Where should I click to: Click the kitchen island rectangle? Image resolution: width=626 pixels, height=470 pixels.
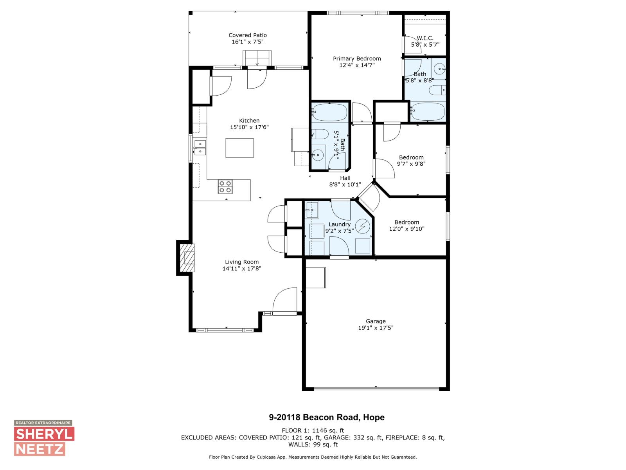pyautogui.click(x=239, y=148)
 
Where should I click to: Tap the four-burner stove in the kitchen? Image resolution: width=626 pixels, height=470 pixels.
pyautogui.click(x=225, y=187)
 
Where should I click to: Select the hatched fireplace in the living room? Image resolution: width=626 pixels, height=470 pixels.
pyautogui.click(x=189, y=257)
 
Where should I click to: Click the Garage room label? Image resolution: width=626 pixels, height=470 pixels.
pyautogui.click(x=376, y=321)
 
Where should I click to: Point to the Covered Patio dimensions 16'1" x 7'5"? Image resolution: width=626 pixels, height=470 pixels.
pyautogui.click(x=247, y=42)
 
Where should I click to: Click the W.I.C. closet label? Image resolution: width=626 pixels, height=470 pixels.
pyautogui.click(x=425, y=38)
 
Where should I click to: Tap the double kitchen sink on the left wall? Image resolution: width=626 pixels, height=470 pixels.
pyautogui.click(x=200, y=147)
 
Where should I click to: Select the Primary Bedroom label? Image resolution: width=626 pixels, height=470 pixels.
pyautogui.click(x=357, y=58)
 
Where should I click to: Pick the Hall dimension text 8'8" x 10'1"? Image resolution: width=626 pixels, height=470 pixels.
pyautogui.click(x=345, y=184)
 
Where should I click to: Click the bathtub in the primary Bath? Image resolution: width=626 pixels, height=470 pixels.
pyautogui.click(x=428, y=112)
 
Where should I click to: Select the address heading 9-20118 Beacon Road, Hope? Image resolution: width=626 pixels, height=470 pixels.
pyautogui.click(x=327, y=418)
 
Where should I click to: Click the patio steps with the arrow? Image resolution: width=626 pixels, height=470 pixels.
pyautogui.click(x=257, y=58)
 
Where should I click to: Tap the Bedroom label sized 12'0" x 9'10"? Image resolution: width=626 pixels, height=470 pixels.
pyautogui.click(x=407, y=222)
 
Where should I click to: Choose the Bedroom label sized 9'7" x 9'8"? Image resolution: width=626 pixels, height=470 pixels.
pyautogui.click(x=411, y=157)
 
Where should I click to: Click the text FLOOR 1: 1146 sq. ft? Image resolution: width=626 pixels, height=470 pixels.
pyautogui.click(x=313, y=430)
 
